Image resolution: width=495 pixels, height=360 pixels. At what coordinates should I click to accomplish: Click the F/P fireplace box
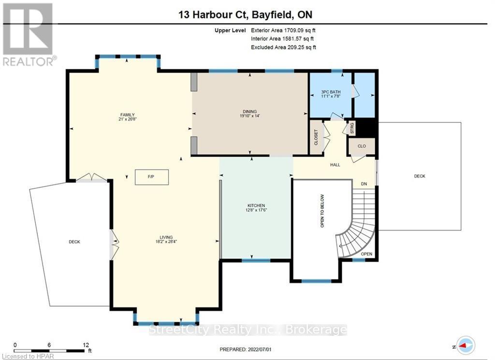[x=151, y=177]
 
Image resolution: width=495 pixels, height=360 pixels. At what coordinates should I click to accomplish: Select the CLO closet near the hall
[x=362, y=146]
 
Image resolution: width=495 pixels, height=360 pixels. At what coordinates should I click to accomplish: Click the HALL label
[x=335, y=165]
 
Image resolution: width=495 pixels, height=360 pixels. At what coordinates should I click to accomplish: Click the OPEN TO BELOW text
[x=322, y=211]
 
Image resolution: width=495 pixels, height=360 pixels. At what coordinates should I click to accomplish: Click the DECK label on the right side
[x=420, y=176]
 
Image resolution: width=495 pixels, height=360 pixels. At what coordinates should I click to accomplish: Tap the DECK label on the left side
[x=74, y=242]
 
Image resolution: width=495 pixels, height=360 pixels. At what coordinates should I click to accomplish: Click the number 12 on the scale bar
[x=86, y=345]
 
